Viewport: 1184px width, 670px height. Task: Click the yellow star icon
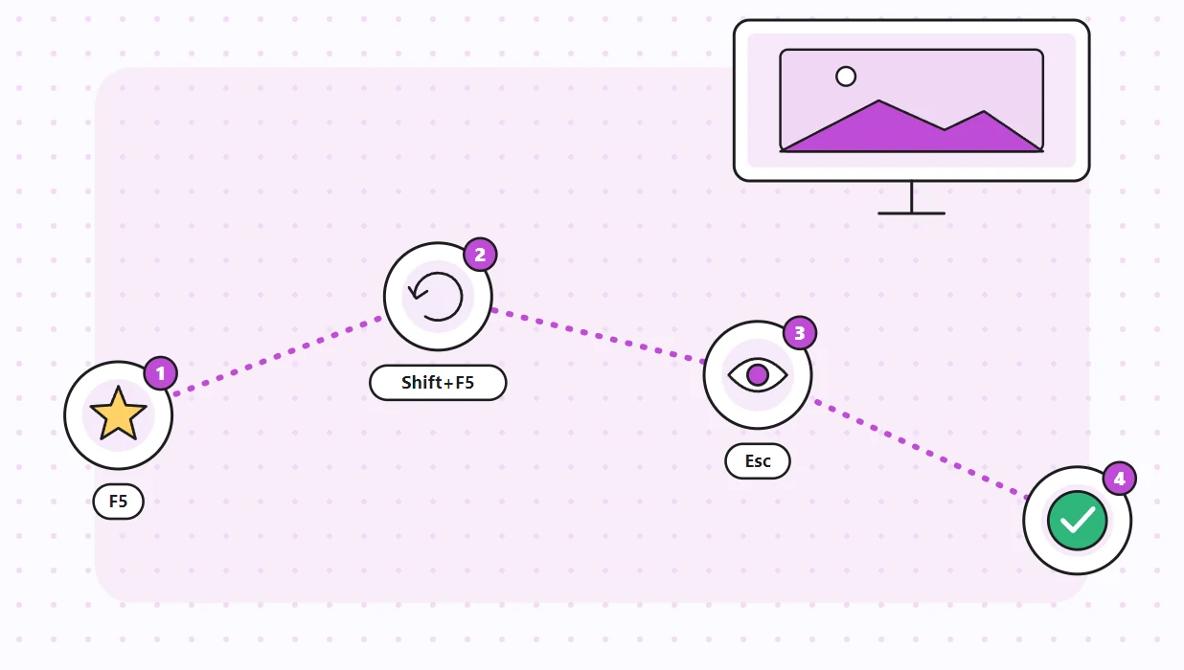(x=119, y=413)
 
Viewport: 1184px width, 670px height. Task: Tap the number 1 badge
(x=161, y=373)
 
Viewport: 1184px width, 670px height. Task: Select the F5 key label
(x=119, y=501)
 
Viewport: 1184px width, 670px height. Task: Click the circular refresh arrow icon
(x=436, y=297)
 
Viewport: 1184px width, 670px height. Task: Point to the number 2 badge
(x=480, y=255)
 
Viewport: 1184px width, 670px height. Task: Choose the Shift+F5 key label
(x=438, y=382)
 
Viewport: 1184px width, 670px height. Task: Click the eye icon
(x=758, y=375)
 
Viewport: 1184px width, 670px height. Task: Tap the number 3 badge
(x=800, y=333)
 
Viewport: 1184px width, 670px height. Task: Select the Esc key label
(x=758, y=461)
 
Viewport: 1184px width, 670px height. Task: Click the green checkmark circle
(x=1078, y=521)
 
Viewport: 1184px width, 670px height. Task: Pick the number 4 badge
(x=1120, y=479)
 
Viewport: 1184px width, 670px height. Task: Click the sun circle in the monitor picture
(x=846, y=77)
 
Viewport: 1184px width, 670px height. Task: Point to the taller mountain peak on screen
(x=879, y=100)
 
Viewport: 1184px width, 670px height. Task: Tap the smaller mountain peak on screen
(x=983, y=112)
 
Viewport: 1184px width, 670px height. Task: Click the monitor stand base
(x=911, y=213)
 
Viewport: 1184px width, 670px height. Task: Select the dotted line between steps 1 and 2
(x=278, y=356)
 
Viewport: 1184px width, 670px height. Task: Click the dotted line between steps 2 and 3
(x=598, y=335)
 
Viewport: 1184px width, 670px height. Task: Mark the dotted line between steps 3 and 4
(x=921, y=449)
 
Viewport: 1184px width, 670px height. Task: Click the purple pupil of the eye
(x=758, y=375)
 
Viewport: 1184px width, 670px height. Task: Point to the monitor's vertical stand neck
(x=911, y=196)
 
